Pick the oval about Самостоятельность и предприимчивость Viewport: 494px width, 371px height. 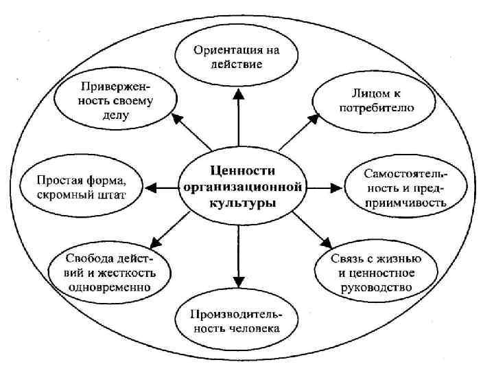[405, 186]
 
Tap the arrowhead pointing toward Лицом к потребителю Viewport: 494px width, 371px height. [314, 118]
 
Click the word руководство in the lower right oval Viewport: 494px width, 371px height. [374, 286]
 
